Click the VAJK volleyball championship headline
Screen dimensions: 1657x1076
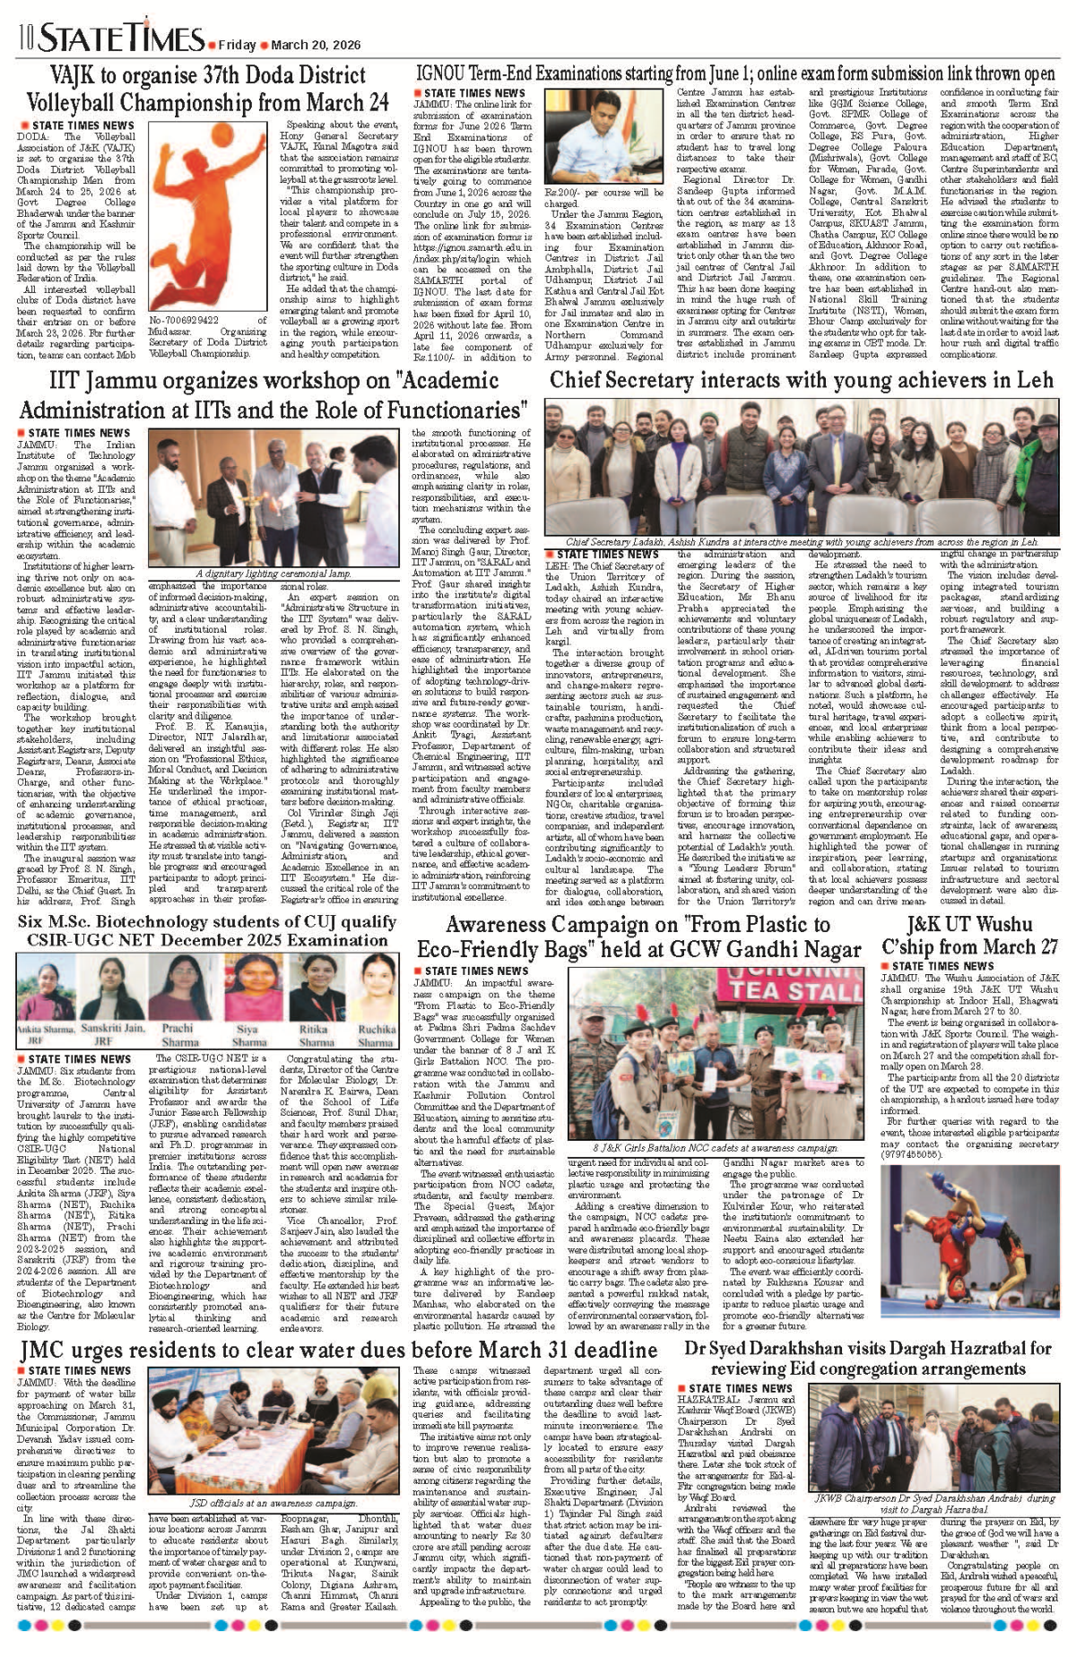(x=207, y=89)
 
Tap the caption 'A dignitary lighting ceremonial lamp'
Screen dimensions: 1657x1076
(x=273, y=574)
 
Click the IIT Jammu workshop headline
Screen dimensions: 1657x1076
(x=273, y=395)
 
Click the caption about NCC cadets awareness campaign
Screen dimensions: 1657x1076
(x=715, y=1148)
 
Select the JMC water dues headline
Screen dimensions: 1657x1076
(x=339, y=1351)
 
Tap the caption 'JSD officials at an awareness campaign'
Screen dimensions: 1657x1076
(x=273, y=1503)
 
